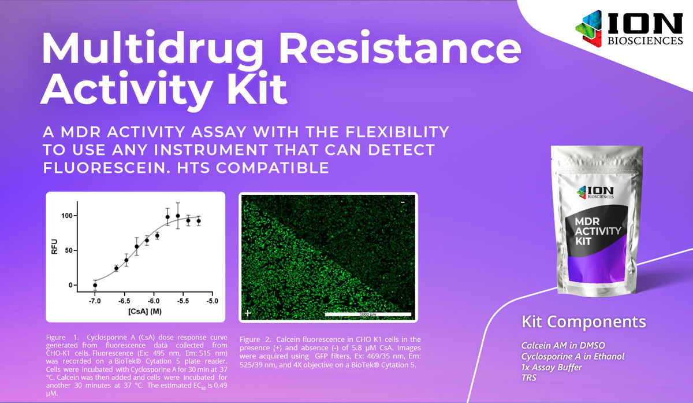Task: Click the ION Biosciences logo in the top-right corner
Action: (629, 28)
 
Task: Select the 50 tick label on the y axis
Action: (69, 250)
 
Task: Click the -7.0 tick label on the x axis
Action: (95, 301)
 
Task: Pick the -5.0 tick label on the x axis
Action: (213, 301)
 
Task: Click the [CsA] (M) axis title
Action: (145, 311)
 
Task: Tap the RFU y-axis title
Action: (54, 246)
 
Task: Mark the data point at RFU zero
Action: (95, 285)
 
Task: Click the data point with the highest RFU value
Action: (178, 216)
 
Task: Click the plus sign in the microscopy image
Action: (248, 313)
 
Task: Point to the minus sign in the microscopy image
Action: (403, 202)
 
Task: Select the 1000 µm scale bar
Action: (368, 314)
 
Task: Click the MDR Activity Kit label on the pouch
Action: (598, 231)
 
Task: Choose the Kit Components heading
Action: (584, 322)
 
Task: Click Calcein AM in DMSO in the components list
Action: (563, 345)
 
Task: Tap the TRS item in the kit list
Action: (529, 378)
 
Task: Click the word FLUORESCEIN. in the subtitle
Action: (107, 168)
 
